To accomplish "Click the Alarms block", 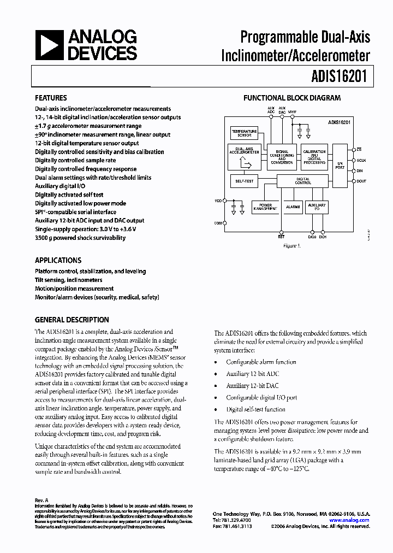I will pyautogui.click(x=293, y=207).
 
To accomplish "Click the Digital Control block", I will pyautogui.click(x=303, y=180).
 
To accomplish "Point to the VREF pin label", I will pyautogui.click(x=292, y=111).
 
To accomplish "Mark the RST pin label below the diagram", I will pyautogui.click(x=281, y=237).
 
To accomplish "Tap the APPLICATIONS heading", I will pyautogui.click(x=58, y=261).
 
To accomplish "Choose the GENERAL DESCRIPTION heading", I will pyautogui.click(x=72, y=320).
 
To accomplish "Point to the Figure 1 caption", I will pyautogui.click(x=291, y=246).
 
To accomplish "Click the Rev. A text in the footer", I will pyautogui.click(x=41, y=500).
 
